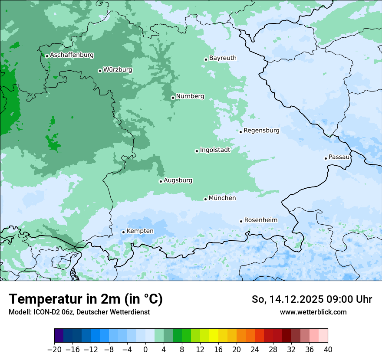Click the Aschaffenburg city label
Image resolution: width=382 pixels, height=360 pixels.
(72, 55)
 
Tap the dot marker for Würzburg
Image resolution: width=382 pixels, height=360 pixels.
(100, 71)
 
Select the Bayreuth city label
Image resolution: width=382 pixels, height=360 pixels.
(223, 58)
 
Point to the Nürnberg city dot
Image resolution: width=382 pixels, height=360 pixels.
(173, 98)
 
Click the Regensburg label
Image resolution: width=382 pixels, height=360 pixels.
(261, 130)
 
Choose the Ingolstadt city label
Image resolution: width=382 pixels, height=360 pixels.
(215, 150)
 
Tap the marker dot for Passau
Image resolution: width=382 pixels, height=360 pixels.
(326, 158)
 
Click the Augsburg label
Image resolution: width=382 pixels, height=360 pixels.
(178, 180)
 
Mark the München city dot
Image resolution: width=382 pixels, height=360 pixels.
(205, 199)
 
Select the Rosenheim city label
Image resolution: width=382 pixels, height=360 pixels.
(260, 220)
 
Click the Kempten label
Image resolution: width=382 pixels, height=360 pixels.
(140, 231)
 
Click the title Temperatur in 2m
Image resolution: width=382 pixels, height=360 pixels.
(86, 299)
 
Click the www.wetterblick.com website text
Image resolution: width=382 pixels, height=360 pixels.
(313, 312)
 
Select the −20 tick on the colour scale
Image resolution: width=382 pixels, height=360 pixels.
(55, 349)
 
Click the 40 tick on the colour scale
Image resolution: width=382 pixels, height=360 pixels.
(328, 349)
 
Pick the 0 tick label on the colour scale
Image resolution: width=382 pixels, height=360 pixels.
(145, 349)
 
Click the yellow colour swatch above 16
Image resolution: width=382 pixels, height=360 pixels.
(214, 336)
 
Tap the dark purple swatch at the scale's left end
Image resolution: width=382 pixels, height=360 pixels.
(59, 336)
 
